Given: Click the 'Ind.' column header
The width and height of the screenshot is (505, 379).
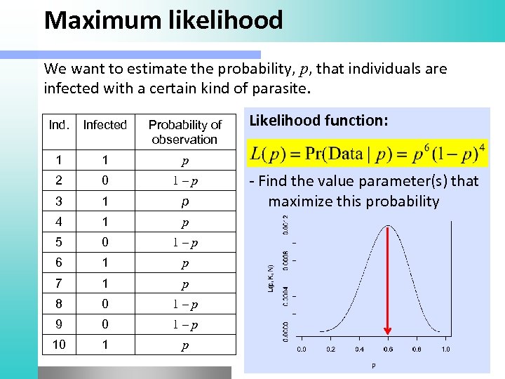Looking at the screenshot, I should [59, 125].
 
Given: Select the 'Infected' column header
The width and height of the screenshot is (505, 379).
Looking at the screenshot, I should [105, 125].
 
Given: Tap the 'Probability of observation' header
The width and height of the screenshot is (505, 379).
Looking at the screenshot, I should [184, 132].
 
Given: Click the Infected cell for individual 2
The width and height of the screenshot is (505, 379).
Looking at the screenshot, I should [105, 181].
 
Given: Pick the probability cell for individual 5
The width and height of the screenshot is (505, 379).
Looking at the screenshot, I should [184, 243].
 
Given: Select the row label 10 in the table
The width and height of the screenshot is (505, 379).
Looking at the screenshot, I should [59, 345].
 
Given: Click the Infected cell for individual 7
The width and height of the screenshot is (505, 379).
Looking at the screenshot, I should [105, 284].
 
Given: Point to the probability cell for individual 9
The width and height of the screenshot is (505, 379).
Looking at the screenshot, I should [184, 325].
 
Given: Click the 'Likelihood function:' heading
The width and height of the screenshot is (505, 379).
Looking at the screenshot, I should [318, 120].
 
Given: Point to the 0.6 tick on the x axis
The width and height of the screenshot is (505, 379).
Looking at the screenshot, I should [387, 349].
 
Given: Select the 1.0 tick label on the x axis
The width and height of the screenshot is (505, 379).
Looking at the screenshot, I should [445, 349].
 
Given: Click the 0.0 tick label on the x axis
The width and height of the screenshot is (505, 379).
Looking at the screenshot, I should [301, 349].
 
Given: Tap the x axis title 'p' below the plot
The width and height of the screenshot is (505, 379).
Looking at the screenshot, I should [373, 365].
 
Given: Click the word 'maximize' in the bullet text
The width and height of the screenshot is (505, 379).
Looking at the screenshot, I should [299, 202].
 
